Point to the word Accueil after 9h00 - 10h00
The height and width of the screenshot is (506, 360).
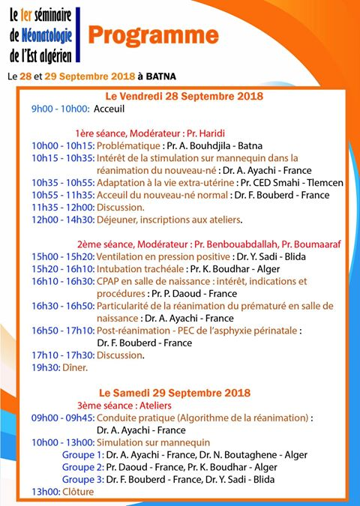pyautogui.click(x=109, y=109)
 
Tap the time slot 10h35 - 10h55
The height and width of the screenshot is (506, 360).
pyautogui.click(x=63, y=182)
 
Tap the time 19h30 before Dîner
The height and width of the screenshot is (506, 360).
pyautogui.click(x=45, y=367)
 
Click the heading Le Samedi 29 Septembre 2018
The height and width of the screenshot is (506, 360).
pyautogui.click(x=175, y=394)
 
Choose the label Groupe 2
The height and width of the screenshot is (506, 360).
pyautogui.click(x=82, y=466)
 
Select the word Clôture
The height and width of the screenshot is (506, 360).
pyautogui.click(x=79, y=491)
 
